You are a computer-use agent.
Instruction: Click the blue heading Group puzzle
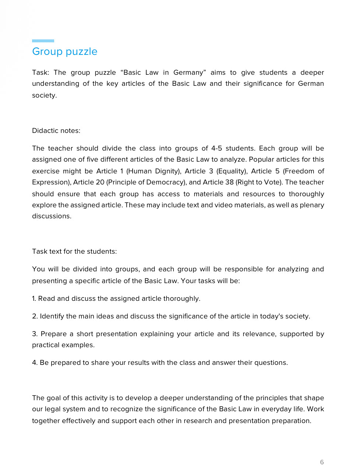[x=65, y=52]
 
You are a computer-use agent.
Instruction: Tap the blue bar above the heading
[x=43, y=40]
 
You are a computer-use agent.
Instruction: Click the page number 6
[x=322, y=462]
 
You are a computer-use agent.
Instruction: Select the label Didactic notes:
[x=56, y=131]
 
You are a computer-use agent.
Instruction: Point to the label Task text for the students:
[x=74, y=251]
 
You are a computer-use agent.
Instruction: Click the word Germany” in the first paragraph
[x=189, y=73]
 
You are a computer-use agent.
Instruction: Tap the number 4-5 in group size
[x=217, y=148]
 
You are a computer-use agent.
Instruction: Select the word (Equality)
[x=232, y=171]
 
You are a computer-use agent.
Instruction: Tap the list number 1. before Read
[x=34, y=299]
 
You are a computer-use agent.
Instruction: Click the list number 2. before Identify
[x=35, y=316]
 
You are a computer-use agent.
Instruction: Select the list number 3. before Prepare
[x=35, y=334]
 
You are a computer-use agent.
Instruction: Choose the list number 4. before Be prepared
[x=35, y=363]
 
